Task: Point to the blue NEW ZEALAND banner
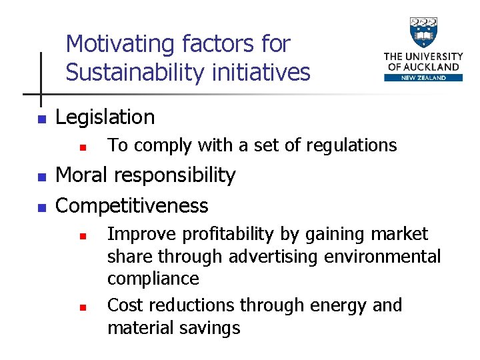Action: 423,77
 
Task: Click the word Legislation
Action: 105,117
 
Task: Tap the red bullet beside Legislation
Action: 41,120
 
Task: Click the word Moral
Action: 81,175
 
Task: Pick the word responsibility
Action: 175,175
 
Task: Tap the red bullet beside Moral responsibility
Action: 41,178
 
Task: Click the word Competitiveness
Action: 131,205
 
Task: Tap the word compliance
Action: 153,279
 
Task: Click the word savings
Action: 209,327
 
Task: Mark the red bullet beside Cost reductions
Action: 81,308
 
